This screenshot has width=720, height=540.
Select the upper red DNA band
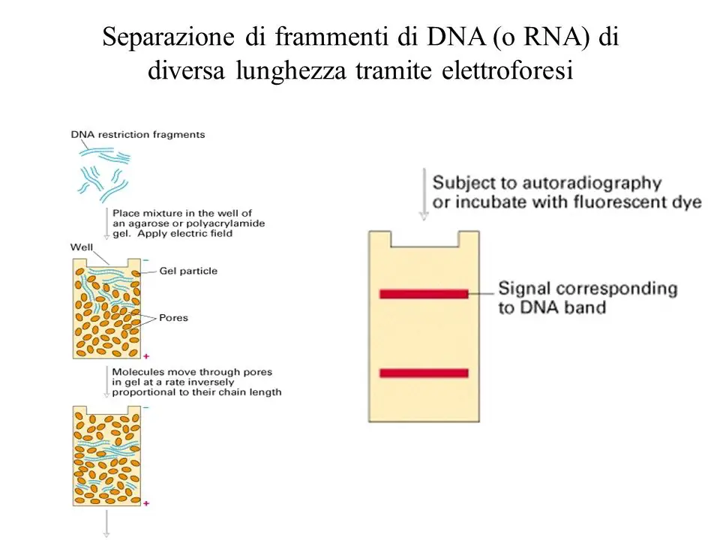coord(424,294)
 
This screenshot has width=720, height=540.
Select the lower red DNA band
coord(424,373)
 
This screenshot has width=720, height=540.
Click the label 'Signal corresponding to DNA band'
coord(588,298)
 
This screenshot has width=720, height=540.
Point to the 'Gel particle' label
coord(188,271)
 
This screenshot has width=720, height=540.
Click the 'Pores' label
coord(173,318)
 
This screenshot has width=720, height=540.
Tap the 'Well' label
coord(81,247)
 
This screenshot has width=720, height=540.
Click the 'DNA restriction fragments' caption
coord(138,134)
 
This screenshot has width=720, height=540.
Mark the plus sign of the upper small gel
coord(146,356)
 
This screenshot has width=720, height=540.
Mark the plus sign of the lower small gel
coord(146,503)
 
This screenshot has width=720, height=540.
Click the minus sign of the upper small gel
coord(146,260)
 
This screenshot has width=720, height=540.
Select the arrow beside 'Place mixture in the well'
coord(106,223)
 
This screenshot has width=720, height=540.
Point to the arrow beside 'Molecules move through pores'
coord(106,382)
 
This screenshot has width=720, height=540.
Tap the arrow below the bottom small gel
coord(106,523)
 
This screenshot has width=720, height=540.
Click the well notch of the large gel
coord(424,247)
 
